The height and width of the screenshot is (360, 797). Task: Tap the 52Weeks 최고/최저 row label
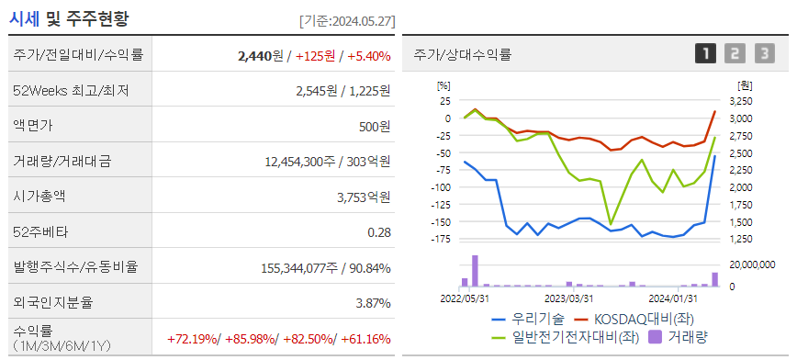click(x=72, y=91)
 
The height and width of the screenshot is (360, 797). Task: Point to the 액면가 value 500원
click(x=375, y=127)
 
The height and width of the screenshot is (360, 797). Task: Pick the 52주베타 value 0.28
click(x=379, y=232)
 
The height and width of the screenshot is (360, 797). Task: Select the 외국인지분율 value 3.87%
click(x=373, y=304)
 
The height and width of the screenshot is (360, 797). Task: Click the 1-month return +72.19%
click(x=193, y=339)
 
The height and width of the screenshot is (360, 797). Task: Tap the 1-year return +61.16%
click(x=366, y=339)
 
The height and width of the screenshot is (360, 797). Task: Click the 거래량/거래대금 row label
click(x=62, y=162)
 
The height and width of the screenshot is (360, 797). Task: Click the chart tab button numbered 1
click(x=705, y=54)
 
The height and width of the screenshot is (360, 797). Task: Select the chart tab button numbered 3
click(x=765, y=54)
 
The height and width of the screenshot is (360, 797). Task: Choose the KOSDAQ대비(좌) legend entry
click(x=634, y=320)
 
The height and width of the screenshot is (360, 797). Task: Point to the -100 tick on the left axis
click(x=441, y=187)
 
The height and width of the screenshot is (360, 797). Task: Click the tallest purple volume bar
click(x=476, y=271)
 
